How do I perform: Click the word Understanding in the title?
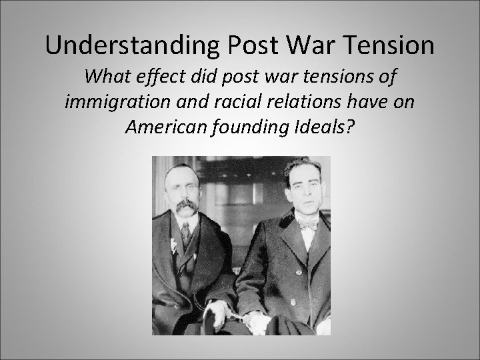(129, 46)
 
